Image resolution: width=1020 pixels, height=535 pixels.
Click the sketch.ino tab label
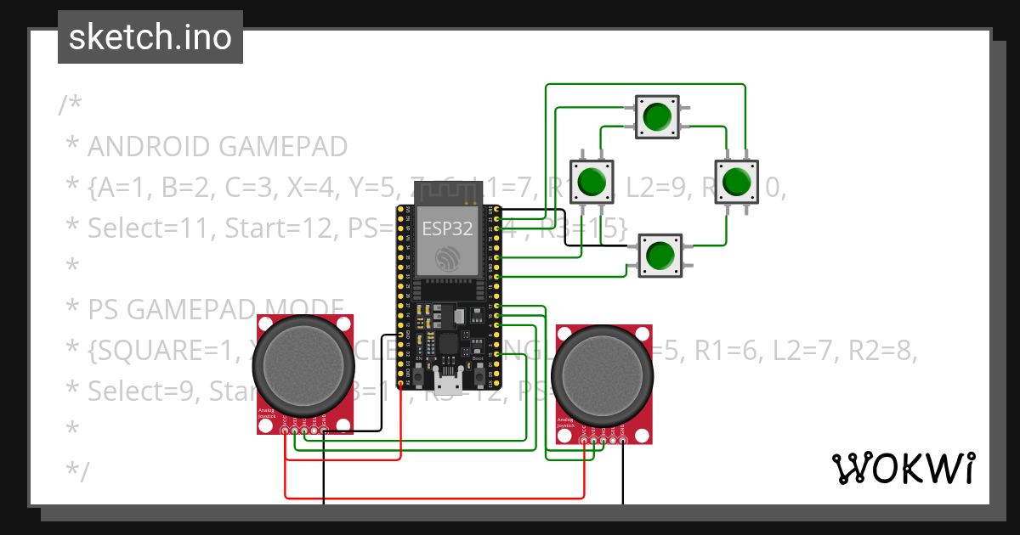(150, 37)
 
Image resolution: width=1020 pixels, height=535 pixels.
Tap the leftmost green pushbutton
(591, 182)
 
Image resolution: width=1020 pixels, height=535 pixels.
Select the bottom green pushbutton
(659, 254)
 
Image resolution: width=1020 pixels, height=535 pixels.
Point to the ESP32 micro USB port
(448, 384)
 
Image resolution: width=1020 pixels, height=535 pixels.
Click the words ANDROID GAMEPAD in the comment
(218, 147)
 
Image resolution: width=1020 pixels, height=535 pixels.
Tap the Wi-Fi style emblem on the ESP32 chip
(448, 260)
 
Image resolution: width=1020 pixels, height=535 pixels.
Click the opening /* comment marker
(71, 105)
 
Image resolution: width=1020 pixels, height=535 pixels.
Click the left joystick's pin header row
(304, 431)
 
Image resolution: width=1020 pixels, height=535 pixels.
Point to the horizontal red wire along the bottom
(433, 496)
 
